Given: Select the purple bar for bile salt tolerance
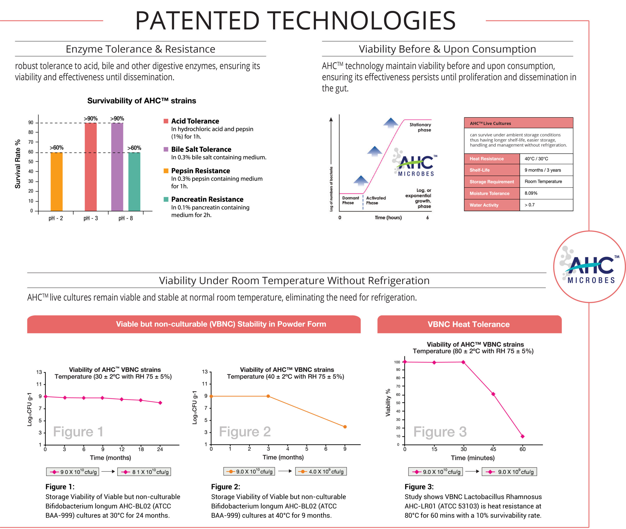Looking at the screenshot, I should pos(117,167).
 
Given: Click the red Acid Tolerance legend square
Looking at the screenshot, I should pos(166,121).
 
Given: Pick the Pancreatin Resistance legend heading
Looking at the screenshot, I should pos(207,199).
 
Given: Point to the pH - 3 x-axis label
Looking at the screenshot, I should pos(91,218).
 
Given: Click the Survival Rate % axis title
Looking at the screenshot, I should pos(18,164).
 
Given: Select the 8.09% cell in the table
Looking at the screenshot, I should pos(531,193).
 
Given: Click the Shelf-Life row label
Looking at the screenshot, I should pos(480,170).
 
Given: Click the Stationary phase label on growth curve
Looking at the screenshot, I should pos(421,127).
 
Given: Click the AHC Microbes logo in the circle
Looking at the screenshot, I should pos(589,267).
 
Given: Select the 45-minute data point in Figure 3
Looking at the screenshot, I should pos(493,394).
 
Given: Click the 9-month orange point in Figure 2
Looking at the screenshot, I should pos(345,427).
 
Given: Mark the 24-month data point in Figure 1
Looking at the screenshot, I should pos(160,403).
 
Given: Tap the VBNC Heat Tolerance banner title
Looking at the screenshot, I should pos(469,324).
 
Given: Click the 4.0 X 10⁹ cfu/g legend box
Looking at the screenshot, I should pos(321,471).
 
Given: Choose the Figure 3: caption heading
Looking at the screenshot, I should pos(419,487).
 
